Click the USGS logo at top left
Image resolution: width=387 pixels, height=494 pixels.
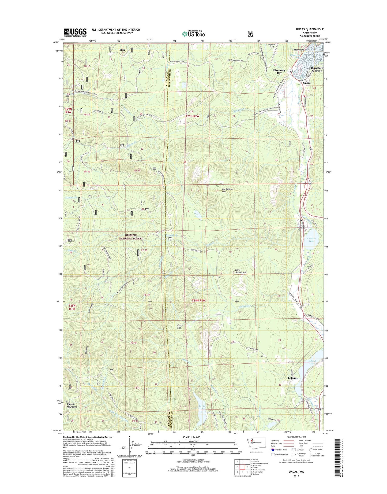[75, 32]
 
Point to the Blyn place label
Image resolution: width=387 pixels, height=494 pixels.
[122, 50]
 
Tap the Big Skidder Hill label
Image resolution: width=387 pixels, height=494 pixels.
[227, 190]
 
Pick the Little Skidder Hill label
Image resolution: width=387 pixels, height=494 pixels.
[241, 271]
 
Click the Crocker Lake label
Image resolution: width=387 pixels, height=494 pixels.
[311, 240]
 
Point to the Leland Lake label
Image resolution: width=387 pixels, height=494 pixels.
[312, 362]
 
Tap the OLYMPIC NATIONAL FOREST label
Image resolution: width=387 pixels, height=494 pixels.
[131, 237]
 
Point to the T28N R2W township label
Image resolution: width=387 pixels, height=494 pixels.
[198, 301]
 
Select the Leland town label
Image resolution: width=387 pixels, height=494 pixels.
[292, 378]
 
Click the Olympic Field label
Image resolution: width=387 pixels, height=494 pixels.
[272, 46]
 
